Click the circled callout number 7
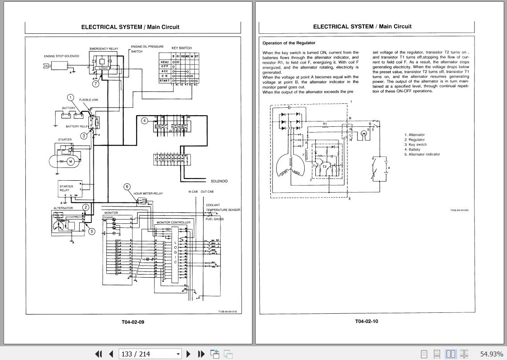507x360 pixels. [x=96, y=84]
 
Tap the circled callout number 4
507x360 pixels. [x=145, y=121]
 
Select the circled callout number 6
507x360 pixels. [x=127, y=187]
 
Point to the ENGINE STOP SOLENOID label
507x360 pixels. [x=61, y=56]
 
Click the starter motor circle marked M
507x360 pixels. [x=70, y=162]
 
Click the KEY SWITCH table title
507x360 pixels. [x=181, y=48]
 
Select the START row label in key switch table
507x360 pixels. [x=164, y=81]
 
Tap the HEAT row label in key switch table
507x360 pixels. [x=164, y=62]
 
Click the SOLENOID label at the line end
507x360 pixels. [x=219, y=181]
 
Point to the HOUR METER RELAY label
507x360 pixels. [x=148, y=194]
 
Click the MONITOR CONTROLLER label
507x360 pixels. [x=173, y=222]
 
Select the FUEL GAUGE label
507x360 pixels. [x=215, y=219]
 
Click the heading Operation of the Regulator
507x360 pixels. [x=289, y=43]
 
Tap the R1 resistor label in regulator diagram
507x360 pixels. [x=325, y=124]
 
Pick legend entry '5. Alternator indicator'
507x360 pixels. [x=422, y=154]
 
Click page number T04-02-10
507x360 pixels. [x=366, y=321]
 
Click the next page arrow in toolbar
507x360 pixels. [x=188, y=354]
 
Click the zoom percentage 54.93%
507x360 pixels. [x=491, y=354]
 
